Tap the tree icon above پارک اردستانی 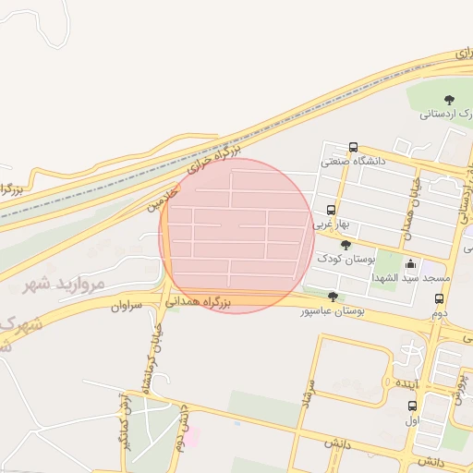pos(449,100)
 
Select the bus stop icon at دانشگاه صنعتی pos(353,148)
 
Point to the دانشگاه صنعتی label pos(353,162)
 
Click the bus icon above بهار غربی pos(331,210)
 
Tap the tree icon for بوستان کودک pos(346,245)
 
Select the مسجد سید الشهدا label pos(410,277)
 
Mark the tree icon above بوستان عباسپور pos(333,297)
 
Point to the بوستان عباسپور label pos(332,311)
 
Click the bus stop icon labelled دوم pos(439,299)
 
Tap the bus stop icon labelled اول pos(412,406)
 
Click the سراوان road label pos(127,305)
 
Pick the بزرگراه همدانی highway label pos(198,300)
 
